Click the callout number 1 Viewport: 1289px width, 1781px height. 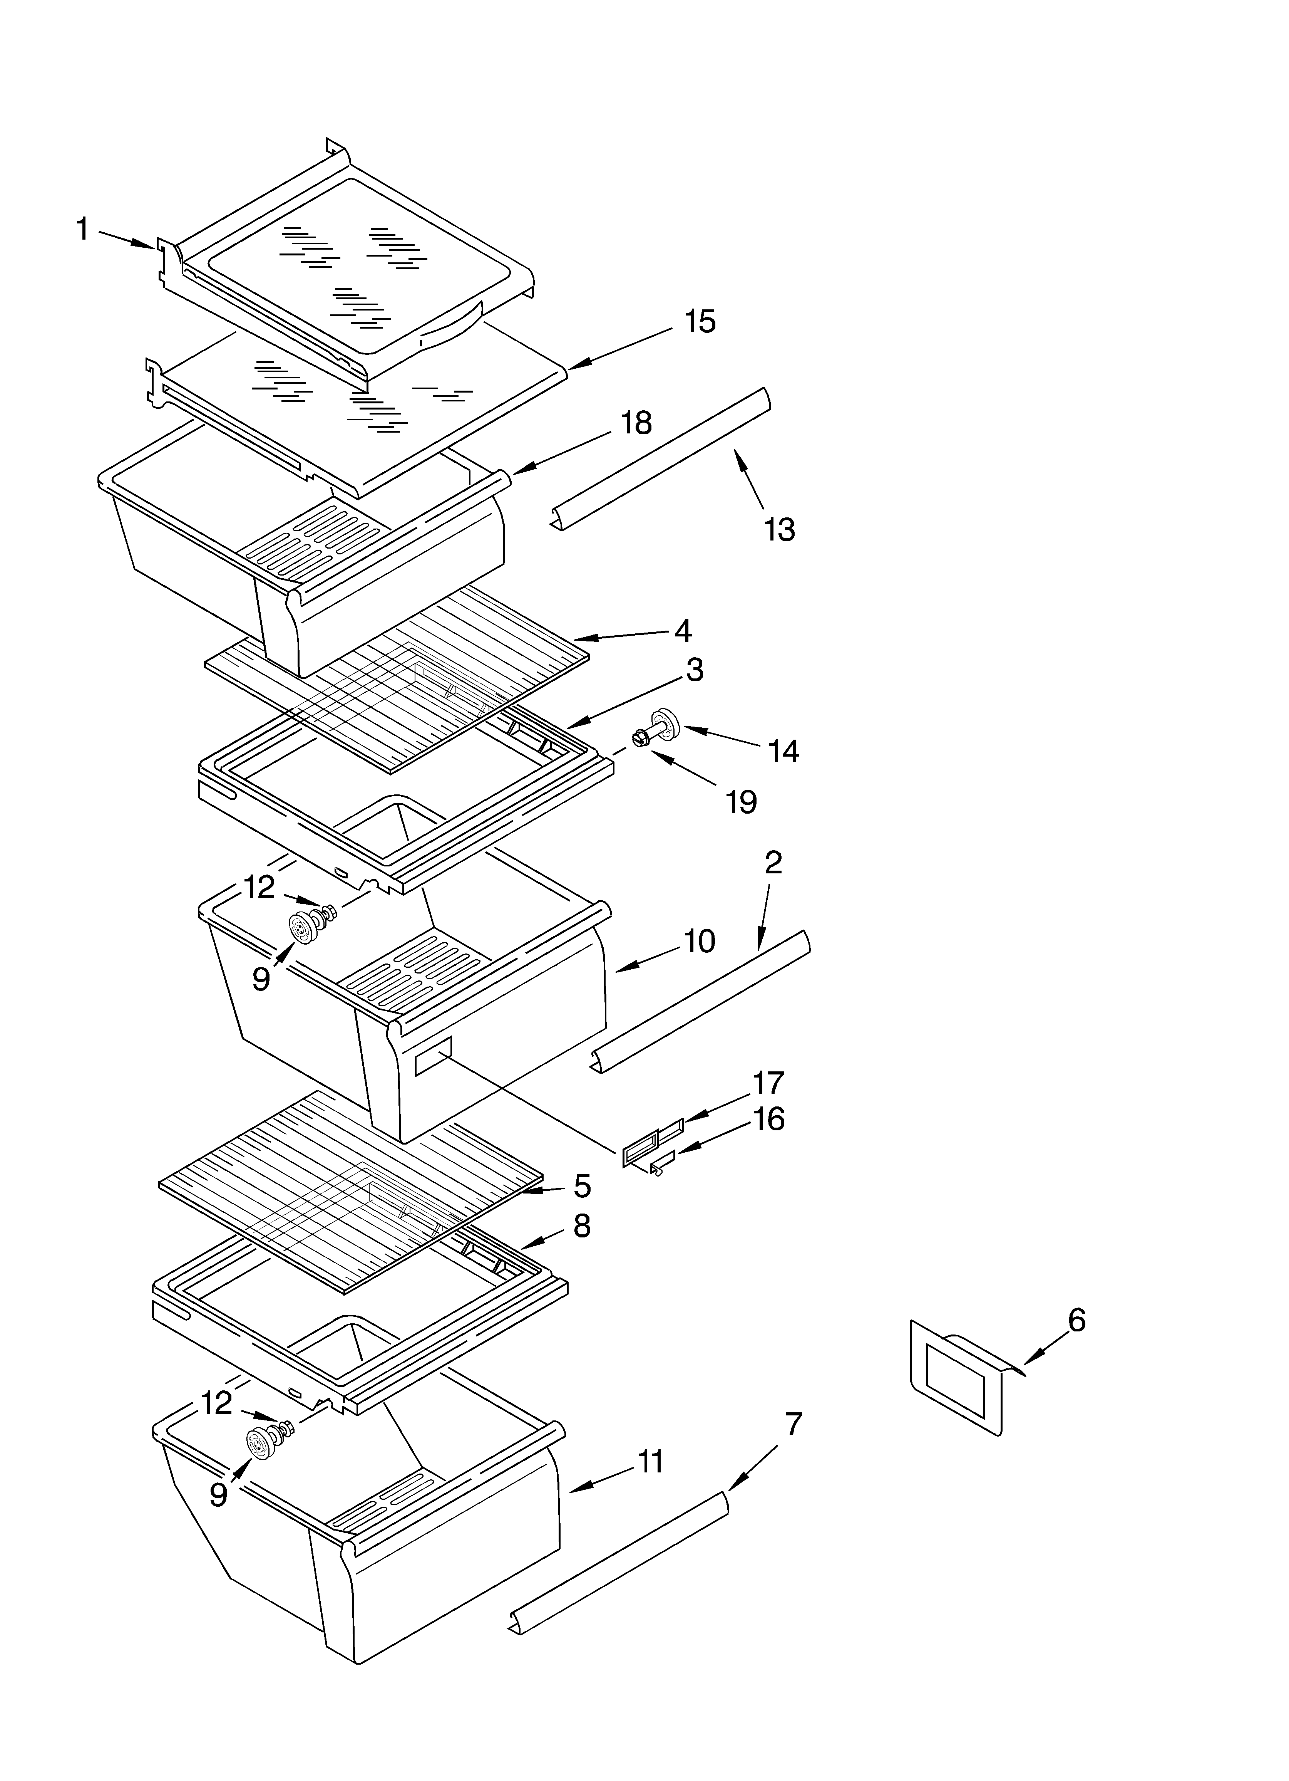pos(82,230)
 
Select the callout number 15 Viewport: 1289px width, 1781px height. pos(700,322)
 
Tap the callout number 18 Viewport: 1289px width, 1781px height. pos(636,424)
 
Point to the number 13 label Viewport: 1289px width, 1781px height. pos(780,530)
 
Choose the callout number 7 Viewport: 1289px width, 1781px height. pos(793,1424)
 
